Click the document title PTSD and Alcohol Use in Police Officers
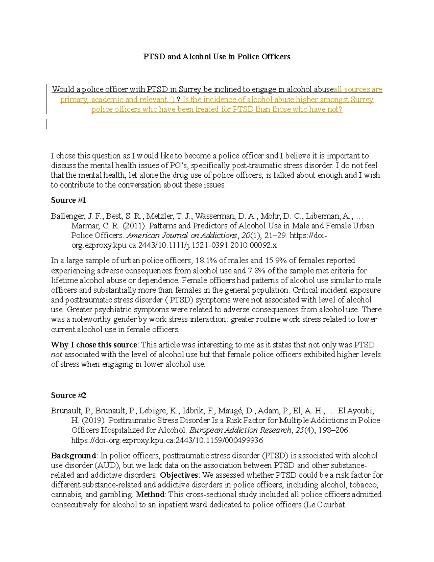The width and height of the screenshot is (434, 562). click(x=217, y=56)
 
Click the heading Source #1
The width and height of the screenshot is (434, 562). click(x=68, y=200)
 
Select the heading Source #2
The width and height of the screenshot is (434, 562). click(x=68, y=395)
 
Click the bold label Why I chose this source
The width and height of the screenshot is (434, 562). click(x=94, y=345)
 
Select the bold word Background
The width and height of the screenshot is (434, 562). click(x=73, y=455)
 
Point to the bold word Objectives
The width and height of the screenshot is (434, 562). click(x=179, y=475)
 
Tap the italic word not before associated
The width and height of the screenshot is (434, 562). click(x=56, y=355)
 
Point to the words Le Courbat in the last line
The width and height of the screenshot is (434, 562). click(x=325, y=504)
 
